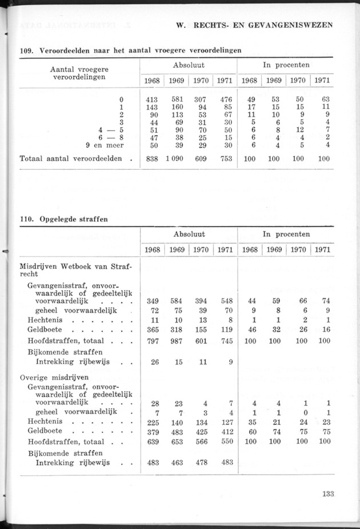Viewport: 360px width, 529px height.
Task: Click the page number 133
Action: tap(327, 495)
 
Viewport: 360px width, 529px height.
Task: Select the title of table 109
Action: tap(130, 50)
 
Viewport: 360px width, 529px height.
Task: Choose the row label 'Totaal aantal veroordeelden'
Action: tap(71, 158)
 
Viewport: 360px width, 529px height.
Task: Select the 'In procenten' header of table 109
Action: tap(286, 65)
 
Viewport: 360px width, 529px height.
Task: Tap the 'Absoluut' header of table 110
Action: tap(189, 234)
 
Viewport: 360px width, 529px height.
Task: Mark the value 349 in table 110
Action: tap(153, 300)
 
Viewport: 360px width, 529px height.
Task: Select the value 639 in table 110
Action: tap(153, 442)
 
